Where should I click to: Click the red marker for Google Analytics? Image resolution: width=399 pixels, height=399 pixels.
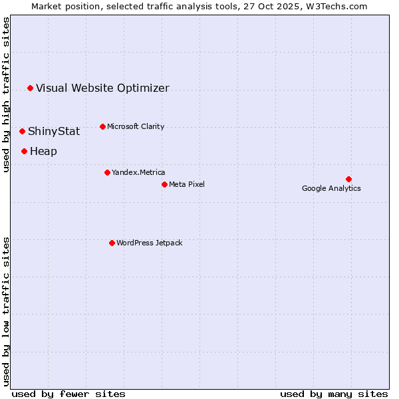pos(348,179)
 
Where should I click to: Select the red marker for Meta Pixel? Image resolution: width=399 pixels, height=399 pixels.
pos(164,184)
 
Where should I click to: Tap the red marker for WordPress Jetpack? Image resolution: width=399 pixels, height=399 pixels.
pos(112,243)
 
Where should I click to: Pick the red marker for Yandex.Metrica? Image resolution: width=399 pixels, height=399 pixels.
pos(107,172)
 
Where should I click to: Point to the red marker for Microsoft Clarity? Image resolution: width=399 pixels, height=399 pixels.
pos(102,126)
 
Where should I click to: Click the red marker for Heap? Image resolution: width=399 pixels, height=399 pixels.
pos(24,151)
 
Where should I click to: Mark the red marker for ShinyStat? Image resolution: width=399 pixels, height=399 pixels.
pos(22,131)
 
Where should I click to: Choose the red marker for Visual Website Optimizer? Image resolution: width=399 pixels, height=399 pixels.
pos(30,88)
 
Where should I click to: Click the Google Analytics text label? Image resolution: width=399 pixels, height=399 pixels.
pos(331,188)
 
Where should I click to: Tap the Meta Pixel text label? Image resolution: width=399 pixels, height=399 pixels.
pos(187,184)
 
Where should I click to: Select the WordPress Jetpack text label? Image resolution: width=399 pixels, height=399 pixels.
pos(149,243)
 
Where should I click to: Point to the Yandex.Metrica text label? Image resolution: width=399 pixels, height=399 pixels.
pos(138,172)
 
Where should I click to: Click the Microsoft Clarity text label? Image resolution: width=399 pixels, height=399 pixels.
pos(136,126)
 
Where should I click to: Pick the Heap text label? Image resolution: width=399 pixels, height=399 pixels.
pos(43,151)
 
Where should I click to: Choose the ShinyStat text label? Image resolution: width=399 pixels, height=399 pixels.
pos(54,131)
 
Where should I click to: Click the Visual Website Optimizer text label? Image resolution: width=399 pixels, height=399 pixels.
pos(102,88)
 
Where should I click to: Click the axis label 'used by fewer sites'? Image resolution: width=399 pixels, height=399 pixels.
pos(68,394)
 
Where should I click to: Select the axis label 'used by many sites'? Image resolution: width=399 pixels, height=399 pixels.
pos(334,394)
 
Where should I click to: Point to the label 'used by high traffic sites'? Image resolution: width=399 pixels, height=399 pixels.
pos(6,95)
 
